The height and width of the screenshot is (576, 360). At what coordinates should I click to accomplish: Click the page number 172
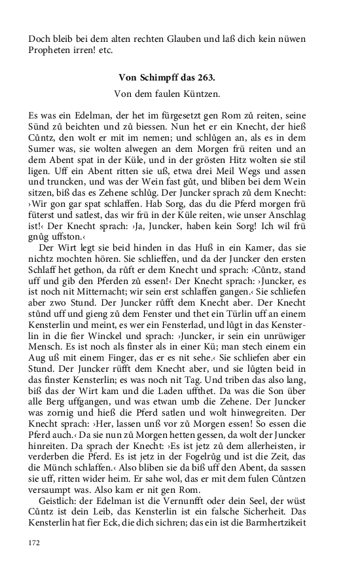click(x=35, y=543)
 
